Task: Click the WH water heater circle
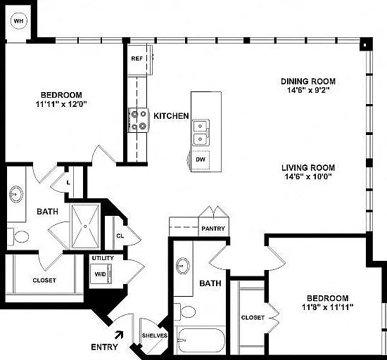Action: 19,21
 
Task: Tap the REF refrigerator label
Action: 137,58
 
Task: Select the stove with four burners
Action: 139,120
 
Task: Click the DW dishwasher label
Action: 201,160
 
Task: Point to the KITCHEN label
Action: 171,116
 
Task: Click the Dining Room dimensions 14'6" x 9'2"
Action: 308,90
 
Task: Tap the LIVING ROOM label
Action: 308,168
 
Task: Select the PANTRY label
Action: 213,229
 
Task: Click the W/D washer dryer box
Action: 101,274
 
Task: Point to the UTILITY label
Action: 103,258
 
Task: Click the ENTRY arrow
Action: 119,335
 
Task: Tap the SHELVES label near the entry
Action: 155,335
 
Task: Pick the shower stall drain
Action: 85,226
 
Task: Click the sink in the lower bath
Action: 183,266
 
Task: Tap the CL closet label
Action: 120,236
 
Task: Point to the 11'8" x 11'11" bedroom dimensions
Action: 328,307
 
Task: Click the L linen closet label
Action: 68,183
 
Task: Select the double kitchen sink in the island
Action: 201,133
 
